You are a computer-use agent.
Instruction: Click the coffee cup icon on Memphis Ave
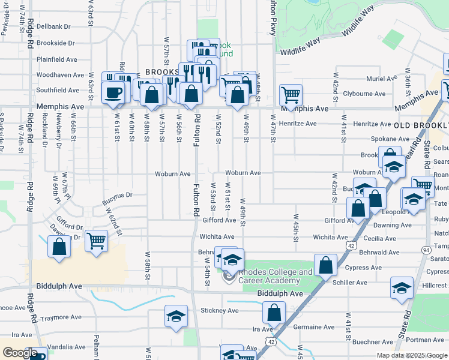pos(113,92)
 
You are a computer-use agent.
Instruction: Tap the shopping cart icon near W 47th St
pos(291,95)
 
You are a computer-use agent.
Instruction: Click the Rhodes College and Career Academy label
pos(269,276)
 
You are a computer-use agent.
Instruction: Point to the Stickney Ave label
pos(220,311)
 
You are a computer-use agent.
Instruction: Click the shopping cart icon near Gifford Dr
pos(96,241)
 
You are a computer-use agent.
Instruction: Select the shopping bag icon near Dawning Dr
pos(59,247)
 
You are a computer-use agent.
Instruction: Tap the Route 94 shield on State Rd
pos(426,249)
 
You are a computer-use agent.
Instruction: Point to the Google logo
pos(20,353)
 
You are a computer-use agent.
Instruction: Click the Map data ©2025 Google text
pos(411,355)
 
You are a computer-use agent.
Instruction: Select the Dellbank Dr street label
pos(53,26)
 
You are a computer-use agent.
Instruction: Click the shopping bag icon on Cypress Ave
pos(325,265)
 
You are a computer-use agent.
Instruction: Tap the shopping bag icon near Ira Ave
pos(274,313)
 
